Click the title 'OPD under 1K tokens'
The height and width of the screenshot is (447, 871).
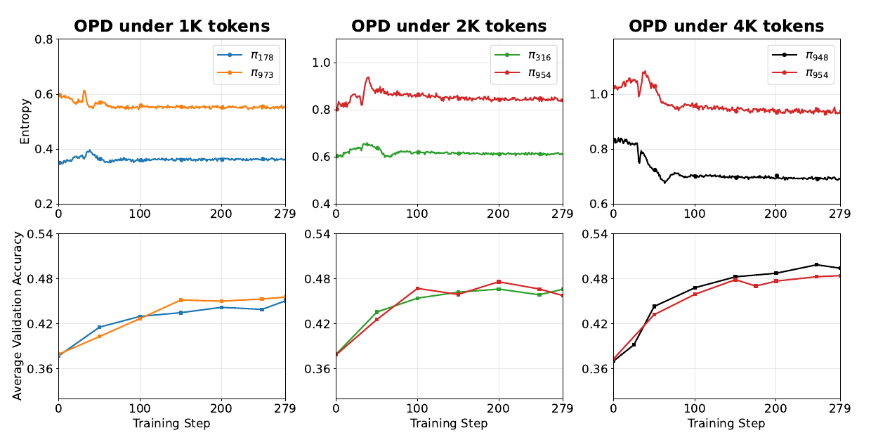pos(172,26)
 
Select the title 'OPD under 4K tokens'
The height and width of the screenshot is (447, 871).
pos(726,26)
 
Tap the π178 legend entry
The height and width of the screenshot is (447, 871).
pos(245,56)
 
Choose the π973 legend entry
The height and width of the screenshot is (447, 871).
pos(245,73)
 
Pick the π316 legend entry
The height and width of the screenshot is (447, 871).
pos(523,56)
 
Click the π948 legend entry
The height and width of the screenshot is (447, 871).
pos(800,56)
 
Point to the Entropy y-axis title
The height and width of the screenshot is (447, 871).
pos(25,122)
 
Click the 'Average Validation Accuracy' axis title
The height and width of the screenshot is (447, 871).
pos(17,316)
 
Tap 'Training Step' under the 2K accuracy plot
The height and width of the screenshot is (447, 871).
pos(449,423)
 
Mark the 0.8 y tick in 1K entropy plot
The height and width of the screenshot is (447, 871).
pos(44,39)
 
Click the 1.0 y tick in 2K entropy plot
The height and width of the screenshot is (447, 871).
pos(321,63)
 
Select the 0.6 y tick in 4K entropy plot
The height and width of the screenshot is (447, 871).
pos(598,204)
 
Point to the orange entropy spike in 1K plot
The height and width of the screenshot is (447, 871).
pos(84,91)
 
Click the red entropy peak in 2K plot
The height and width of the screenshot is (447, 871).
pos(367,77)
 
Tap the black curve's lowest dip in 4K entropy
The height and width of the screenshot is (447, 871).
pos(665,182)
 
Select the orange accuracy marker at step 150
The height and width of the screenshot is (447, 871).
pos(181,300)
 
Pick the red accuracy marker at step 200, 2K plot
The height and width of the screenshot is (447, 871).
pos(499,282)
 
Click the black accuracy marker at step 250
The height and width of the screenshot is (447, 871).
pos(816,264)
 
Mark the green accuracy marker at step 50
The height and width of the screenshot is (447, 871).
pos(376,312)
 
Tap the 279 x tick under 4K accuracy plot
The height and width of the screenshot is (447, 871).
pos(840,408)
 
